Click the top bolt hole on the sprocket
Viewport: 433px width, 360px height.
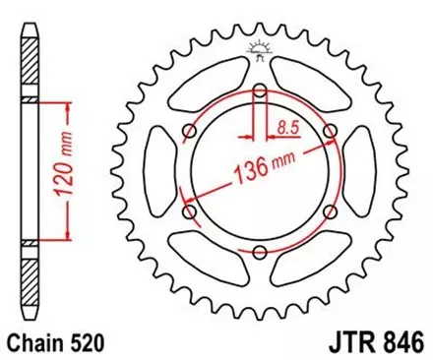258,92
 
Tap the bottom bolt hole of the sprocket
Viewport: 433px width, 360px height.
258,253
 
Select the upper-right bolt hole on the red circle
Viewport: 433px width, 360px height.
328,133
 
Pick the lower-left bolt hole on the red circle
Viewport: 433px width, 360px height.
189,212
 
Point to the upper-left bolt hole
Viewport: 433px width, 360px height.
189,133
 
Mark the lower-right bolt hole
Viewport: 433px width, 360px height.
328,212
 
